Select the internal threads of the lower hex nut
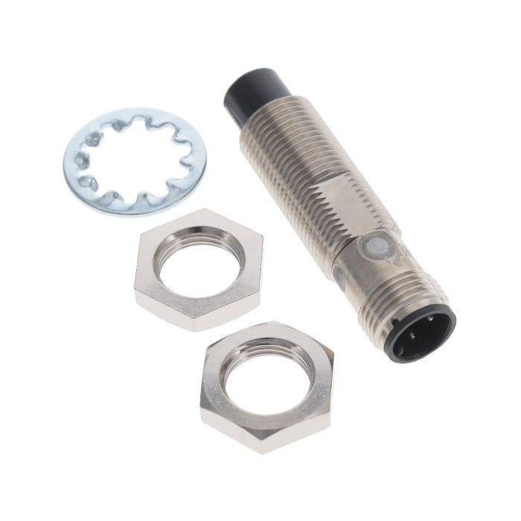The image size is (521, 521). [x=265, y=350]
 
